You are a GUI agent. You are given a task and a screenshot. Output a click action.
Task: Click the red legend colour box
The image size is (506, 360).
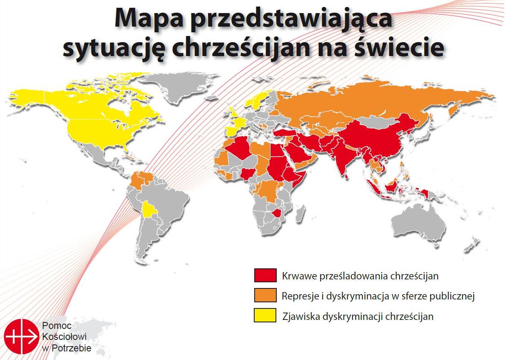coord(264,275)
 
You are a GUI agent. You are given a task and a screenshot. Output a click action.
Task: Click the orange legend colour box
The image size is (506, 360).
coord(264,296)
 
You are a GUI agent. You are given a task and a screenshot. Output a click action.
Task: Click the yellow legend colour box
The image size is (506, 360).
coord(264,316)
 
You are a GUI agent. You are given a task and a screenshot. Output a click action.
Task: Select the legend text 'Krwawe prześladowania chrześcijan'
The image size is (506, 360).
coord(360,276)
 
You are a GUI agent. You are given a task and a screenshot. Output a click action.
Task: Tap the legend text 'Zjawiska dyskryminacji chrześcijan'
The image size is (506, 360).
coord(357,316)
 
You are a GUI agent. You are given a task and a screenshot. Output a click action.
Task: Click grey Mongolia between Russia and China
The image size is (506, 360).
coord(379,122)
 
